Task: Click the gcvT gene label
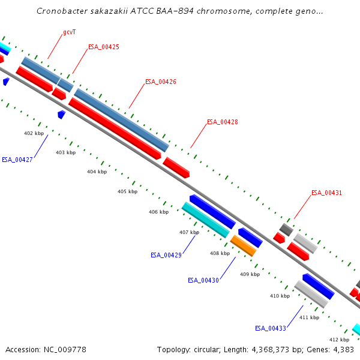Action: [x=70, y=32]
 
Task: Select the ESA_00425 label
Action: [x=104, y=47]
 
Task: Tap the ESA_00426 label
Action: [x=161, y=82]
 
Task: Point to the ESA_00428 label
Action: [x=223, y=122]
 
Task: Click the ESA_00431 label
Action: [x=326, y=193]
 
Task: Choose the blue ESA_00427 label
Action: [x=17, y=160]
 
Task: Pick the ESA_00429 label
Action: [x=166, y=255]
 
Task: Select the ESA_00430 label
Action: [x=203, y=280]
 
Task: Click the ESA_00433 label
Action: [x=271, y=328]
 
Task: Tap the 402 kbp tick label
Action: [x=34, y=133]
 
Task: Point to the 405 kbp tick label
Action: [x=127, y=191]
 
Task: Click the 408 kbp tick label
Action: [x=220, y=253]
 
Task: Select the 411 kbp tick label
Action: [x=309, y=317]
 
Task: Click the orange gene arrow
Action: [x=243, y=245]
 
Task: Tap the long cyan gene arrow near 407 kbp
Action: [x=206, y=219]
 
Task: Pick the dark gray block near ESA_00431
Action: [x=286, y=229]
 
